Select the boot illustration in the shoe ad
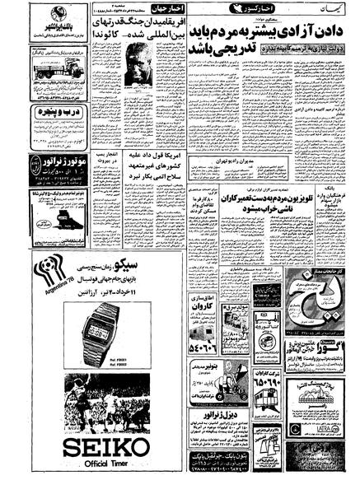pos(44,222)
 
